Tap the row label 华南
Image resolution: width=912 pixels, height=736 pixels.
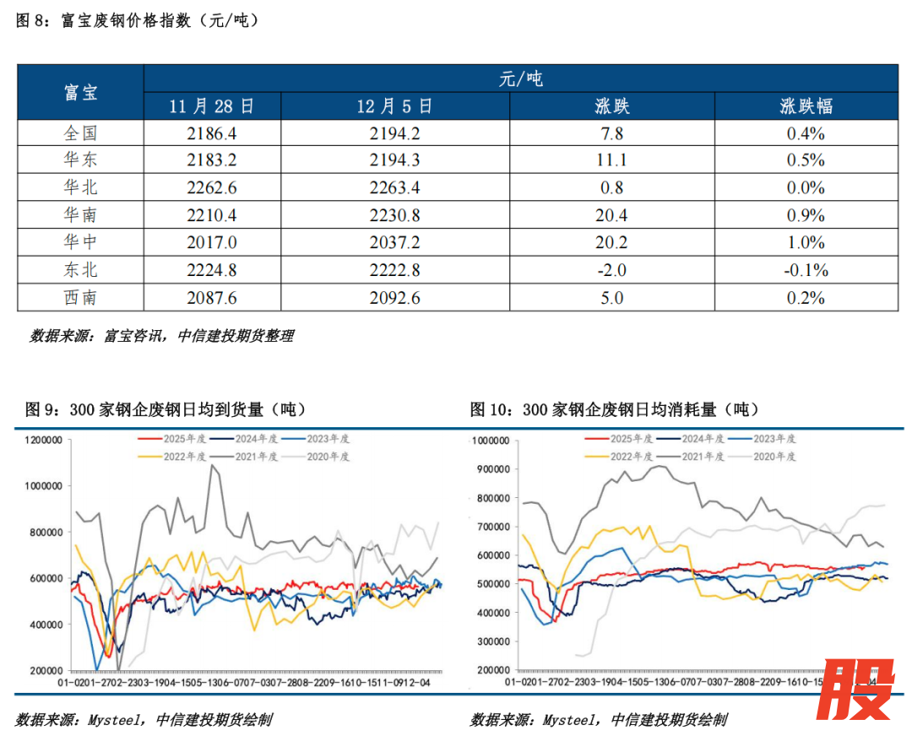81,215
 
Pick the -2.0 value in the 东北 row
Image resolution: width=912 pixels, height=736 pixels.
611,270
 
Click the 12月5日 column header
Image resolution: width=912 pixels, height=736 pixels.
394,106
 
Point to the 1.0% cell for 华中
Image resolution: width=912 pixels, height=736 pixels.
806,243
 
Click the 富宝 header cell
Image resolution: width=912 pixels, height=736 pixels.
81,92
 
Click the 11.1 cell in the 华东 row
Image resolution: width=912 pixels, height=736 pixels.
611,160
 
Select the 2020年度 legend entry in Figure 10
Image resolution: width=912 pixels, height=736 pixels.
774,455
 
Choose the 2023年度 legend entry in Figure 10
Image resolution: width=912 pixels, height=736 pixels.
774,439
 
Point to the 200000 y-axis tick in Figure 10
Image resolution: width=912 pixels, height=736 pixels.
493,669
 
